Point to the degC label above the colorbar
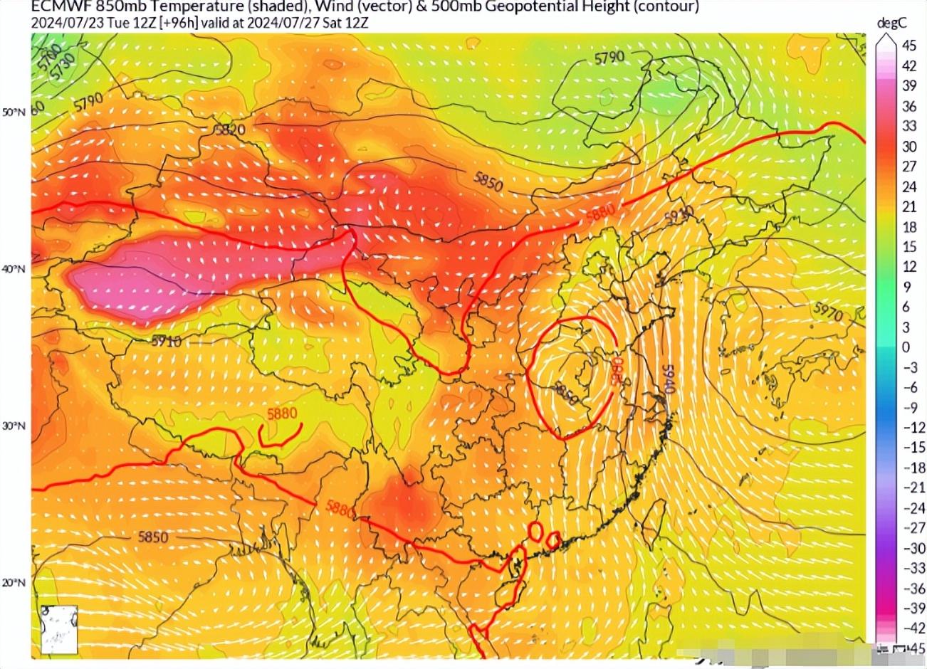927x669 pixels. pyautogui.click(x=891, y=23)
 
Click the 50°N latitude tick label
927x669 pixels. pyautogui.click(x=15, y=112)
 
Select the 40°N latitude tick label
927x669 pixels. pyautogui.click(x=15, y=270)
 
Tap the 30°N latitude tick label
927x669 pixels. pyautogui.click(x=15, y=426)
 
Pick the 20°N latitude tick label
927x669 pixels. pyautogui.click(x=15, y=583)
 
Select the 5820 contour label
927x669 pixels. pyautogui.click(x=229, y=130)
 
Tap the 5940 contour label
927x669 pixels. pyautogui.click(x=667, y=383)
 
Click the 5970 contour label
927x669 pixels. pyautogui.click(x=827, y=311)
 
